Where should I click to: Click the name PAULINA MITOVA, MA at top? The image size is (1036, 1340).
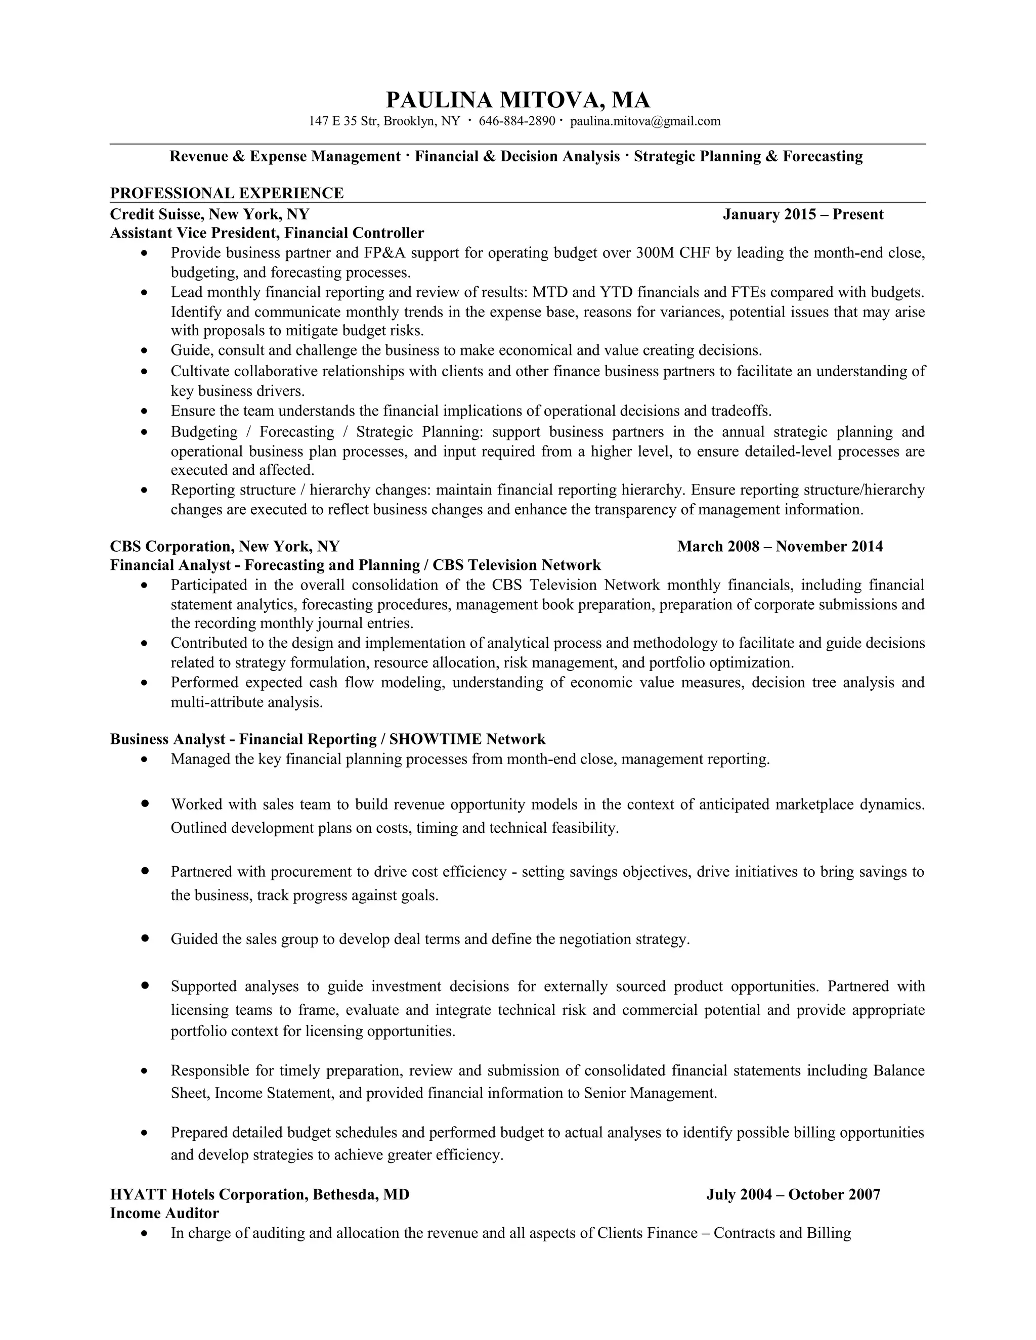[x=517, y=100]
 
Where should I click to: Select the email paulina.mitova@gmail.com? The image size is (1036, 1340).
[x=645, y=121]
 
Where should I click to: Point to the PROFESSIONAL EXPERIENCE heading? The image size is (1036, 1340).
[x=227, y=193]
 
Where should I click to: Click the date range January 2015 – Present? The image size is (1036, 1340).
[x=803, y=214]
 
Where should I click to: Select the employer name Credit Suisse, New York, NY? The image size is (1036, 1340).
[x=209, y=214]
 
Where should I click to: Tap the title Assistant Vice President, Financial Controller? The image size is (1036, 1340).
[x=267, y=233]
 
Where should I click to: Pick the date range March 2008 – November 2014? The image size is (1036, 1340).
[x=780, y=546]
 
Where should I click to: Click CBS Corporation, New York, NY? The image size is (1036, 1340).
[x=225, y=546]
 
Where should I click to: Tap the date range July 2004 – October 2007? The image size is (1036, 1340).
[x=793, y=1194]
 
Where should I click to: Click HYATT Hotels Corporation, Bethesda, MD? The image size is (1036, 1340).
[x=260, y=1194]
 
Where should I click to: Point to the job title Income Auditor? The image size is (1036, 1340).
[x=164, y=1213]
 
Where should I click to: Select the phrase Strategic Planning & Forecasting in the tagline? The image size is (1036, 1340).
[x=748, y=156]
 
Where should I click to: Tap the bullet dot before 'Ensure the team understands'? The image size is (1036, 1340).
[x=145, y=411]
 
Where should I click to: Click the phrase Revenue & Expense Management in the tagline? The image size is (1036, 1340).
[x=285, y=156]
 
